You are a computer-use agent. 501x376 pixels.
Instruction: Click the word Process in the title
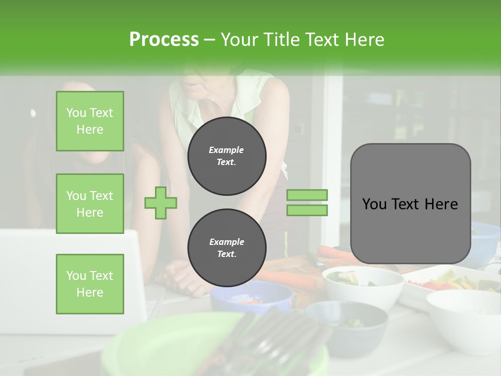click(164, 40)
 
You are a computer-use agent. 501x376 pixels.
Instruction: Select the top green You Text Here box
click(90, 121)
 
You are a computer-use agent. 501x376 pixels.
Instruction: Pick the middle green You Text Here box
click(90, 204)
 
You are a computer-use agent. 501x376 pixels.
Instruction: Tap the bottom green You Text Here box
click(90, 284)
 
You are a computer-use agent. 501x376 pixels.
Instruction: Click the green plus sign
click(161, 203)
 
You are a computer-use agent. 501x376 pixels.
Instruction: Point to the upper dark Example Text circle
click(227, 156)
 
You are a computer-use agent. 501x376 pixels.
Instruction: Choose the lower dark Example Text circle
click(227, 248)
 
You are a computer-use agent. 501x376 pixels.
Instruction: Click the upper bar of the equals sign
click(307, 195)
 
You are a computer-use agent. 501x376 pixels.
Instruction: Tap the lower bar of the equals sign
click(307, 210)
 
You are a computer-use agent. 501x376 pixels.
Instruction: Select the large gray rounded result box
click(410, 204)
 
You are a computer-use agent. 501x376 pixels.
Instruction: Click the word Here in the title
click(365, 40)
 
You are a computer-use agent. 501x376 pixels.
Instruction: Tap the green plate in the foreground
click(172, 345)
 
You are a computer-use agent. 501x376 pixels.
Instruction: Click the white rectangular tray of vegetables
click(449, 282)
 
